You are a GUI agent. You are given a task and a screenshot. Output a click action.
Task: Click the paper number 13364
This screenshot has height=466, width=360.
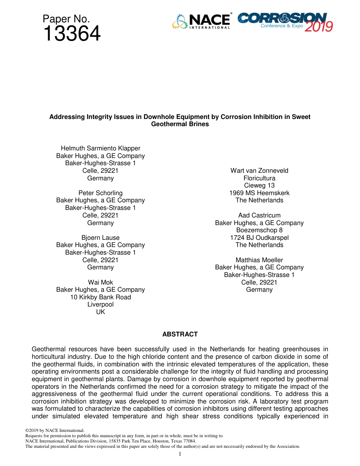[72, 34]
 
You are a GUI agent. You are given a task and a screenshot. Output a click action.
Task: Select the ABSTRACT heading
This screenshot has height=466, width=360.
[180, 334]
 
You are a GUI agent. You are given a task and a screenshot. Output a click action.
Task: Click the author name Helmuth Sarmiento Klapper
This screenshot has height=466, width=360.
[100, 148]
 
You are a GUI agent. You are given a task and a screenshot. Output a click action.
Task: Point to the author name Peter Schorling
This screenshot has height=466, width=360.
[100, 193]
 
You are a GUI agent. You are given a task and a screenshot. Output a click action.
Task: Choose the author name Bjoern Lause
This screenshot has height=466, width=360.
[100, 238]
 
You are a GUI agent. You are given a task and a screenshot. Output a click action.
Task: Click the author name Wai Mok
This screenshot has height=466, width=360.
[100, 282]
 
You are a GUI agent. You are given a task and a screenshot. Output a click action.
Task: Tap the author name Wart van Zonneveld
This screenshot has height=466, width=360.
[259, 170]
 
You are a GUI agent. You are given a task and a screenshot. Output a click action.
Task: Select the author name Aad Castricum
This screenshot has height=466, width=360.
[259, 215]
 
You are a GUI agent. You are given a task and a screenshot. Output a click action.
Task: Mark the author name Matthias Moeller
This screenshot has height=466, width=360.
[259, 260]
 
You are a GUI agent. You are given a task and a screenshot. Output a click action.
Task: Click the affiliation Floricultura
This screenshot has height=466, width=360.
[259, 178]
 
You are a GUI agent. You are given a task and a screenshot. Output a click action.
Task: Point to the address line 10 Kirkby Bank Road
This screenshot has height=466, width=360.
[100, 297]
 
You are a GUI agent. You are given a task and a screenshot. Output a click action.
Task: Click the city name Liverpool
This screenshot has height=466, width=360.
[100, 304]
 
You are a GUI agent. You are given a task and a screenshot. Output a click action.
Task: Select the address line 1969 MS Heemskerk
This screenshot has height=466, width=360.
[259, 193]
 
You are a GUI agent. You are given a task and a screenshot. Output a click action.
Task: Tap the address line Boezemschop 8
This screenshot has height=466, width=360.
[259, 230]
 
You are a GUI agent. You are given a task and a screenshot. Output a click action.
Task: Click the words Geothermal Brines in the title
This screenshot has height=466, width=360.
[180, 124]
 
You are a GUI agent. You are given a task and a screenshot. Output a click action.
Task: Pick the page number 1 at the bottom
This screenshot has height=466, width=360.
[180, 454]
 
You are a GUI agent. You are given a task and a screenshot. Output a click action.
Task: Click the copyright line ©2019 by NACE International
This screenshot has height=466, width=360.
[55, 430]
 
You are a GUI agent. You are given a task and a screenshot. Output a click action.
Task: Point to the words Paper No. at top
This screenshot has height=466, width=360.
[66, 19]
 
